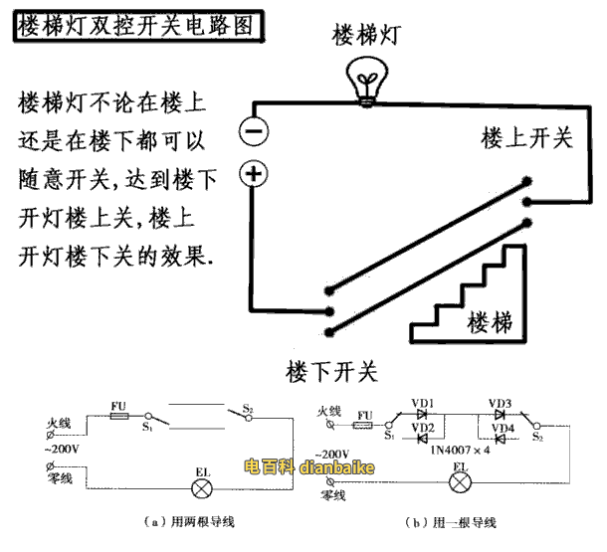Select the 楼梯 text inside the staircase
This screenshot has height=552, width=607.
click(x=490, y=321)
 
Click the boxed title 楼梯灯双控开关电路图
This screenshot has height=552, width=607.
click(x=138, y=23)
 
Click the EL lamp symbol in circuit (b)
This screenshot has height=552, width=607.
click(x=461, y=482)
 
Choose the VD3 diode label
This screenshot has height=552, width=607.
click(x=501, y=402)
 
